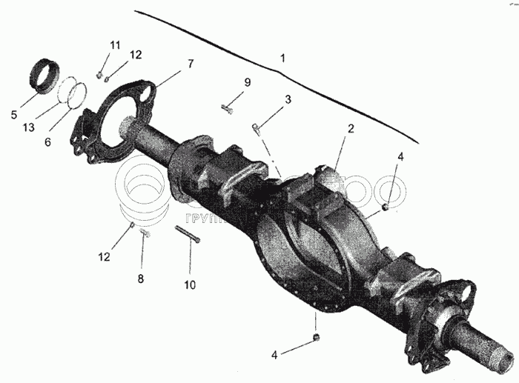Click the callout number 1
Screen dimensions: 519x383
coord(282,57)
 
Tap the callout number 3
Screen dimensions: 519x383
coord(288,99)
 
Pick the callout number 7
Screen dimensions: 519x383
coord(191,63)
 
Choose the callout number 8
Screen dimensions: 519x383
coord(140,279)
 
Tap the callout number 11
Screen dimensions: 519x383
coord(115,46)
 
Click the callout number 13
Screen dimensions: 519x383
coord(28,127)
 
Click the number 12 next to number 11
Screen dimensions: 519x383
coord(135,54)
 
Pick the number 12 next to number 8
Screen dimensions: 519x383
coord(103,257)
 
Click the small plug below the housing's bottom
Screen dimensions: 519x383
coord(317,338)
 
